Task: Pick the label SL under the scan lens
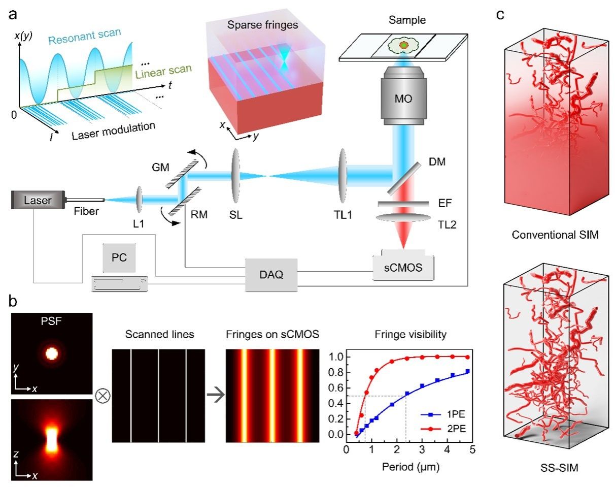[235, 214]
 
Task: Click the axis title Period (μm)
[408, 466]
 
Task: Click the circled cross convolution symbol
[101, 396]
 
